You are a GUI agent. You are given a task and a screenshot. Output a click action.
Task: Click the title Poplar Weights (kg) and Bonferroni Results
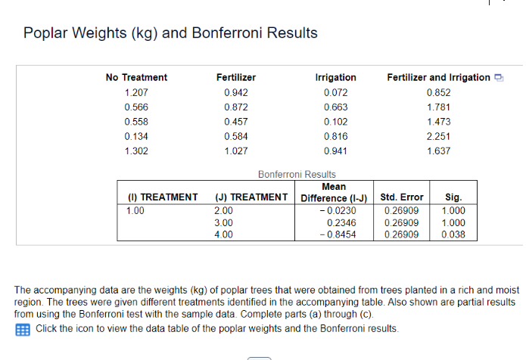coord(170,33)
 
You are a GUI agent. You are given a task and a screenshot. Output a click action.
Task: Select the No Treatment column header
coord(136,77)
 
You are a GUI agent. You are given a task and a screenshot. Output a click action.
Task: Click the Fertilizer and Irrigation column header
coord(438,77)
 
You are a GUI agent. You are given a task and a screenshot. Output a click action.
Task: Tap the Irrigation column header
coord(335,77)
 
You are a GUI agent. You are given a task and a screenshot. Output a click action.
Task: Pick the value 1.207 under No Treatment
coord(136,92)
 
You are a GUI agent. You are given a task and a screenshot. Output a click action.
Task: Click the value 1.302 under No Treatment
coord(136,151)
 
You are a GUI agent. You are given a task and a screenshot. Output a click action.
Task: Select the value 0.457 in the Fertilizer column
coord(236,122)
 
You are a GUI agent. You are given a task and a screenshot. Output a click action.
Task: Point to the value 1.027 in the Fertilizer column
coord(236,151)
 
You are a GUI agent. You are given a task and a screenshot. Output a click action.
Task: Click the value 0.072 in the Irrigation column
coord(335,92)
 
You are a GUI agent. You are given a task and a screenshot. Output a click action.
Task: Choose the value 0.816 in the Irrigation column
coord(335,136)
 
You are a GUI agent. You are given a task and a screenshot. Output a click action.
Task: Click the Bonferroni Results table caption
coord(297,174)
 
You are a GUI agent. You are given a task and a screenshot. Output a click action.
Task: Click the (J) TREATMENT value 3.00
coord(224,223)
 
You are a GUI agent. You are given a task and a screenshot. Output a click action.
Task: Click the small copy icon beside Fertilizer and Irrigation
coord(499,78)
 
